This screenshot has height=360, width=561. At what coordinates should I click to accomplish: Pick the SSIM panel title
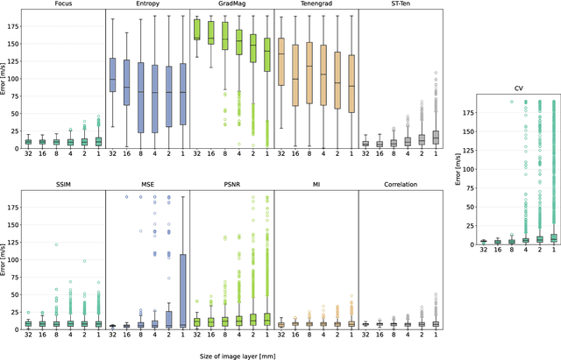62,186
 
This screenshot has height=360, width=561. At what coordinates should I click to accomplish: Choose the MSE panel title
147,186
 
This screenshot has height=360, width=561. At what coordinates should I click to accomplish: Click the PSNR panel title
231,186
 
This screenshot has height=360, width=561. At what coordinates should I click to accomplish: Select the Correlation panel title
401,186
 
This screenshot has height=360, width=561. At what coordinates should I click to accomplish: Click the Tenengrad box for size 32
280,61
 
